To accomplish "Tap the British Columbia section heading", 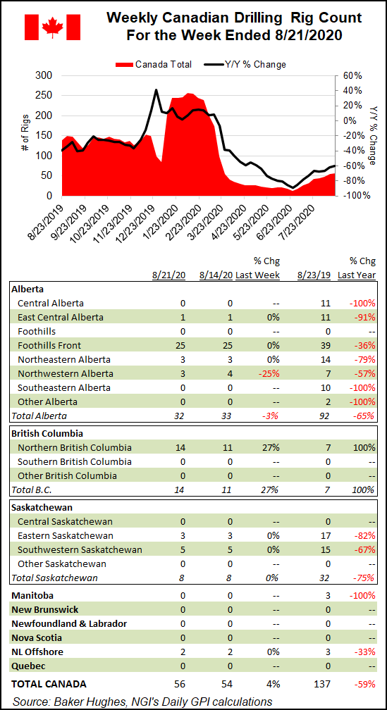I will click(47, 433).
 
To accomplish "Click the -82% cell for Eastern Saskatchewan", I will click(364, 535).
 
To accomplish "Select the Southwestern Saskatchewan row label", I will click(80, 549).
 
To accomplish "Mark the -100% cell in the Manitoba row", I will click(362, 595).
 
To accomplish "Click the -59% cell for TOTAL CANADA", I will click(364, 684).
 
